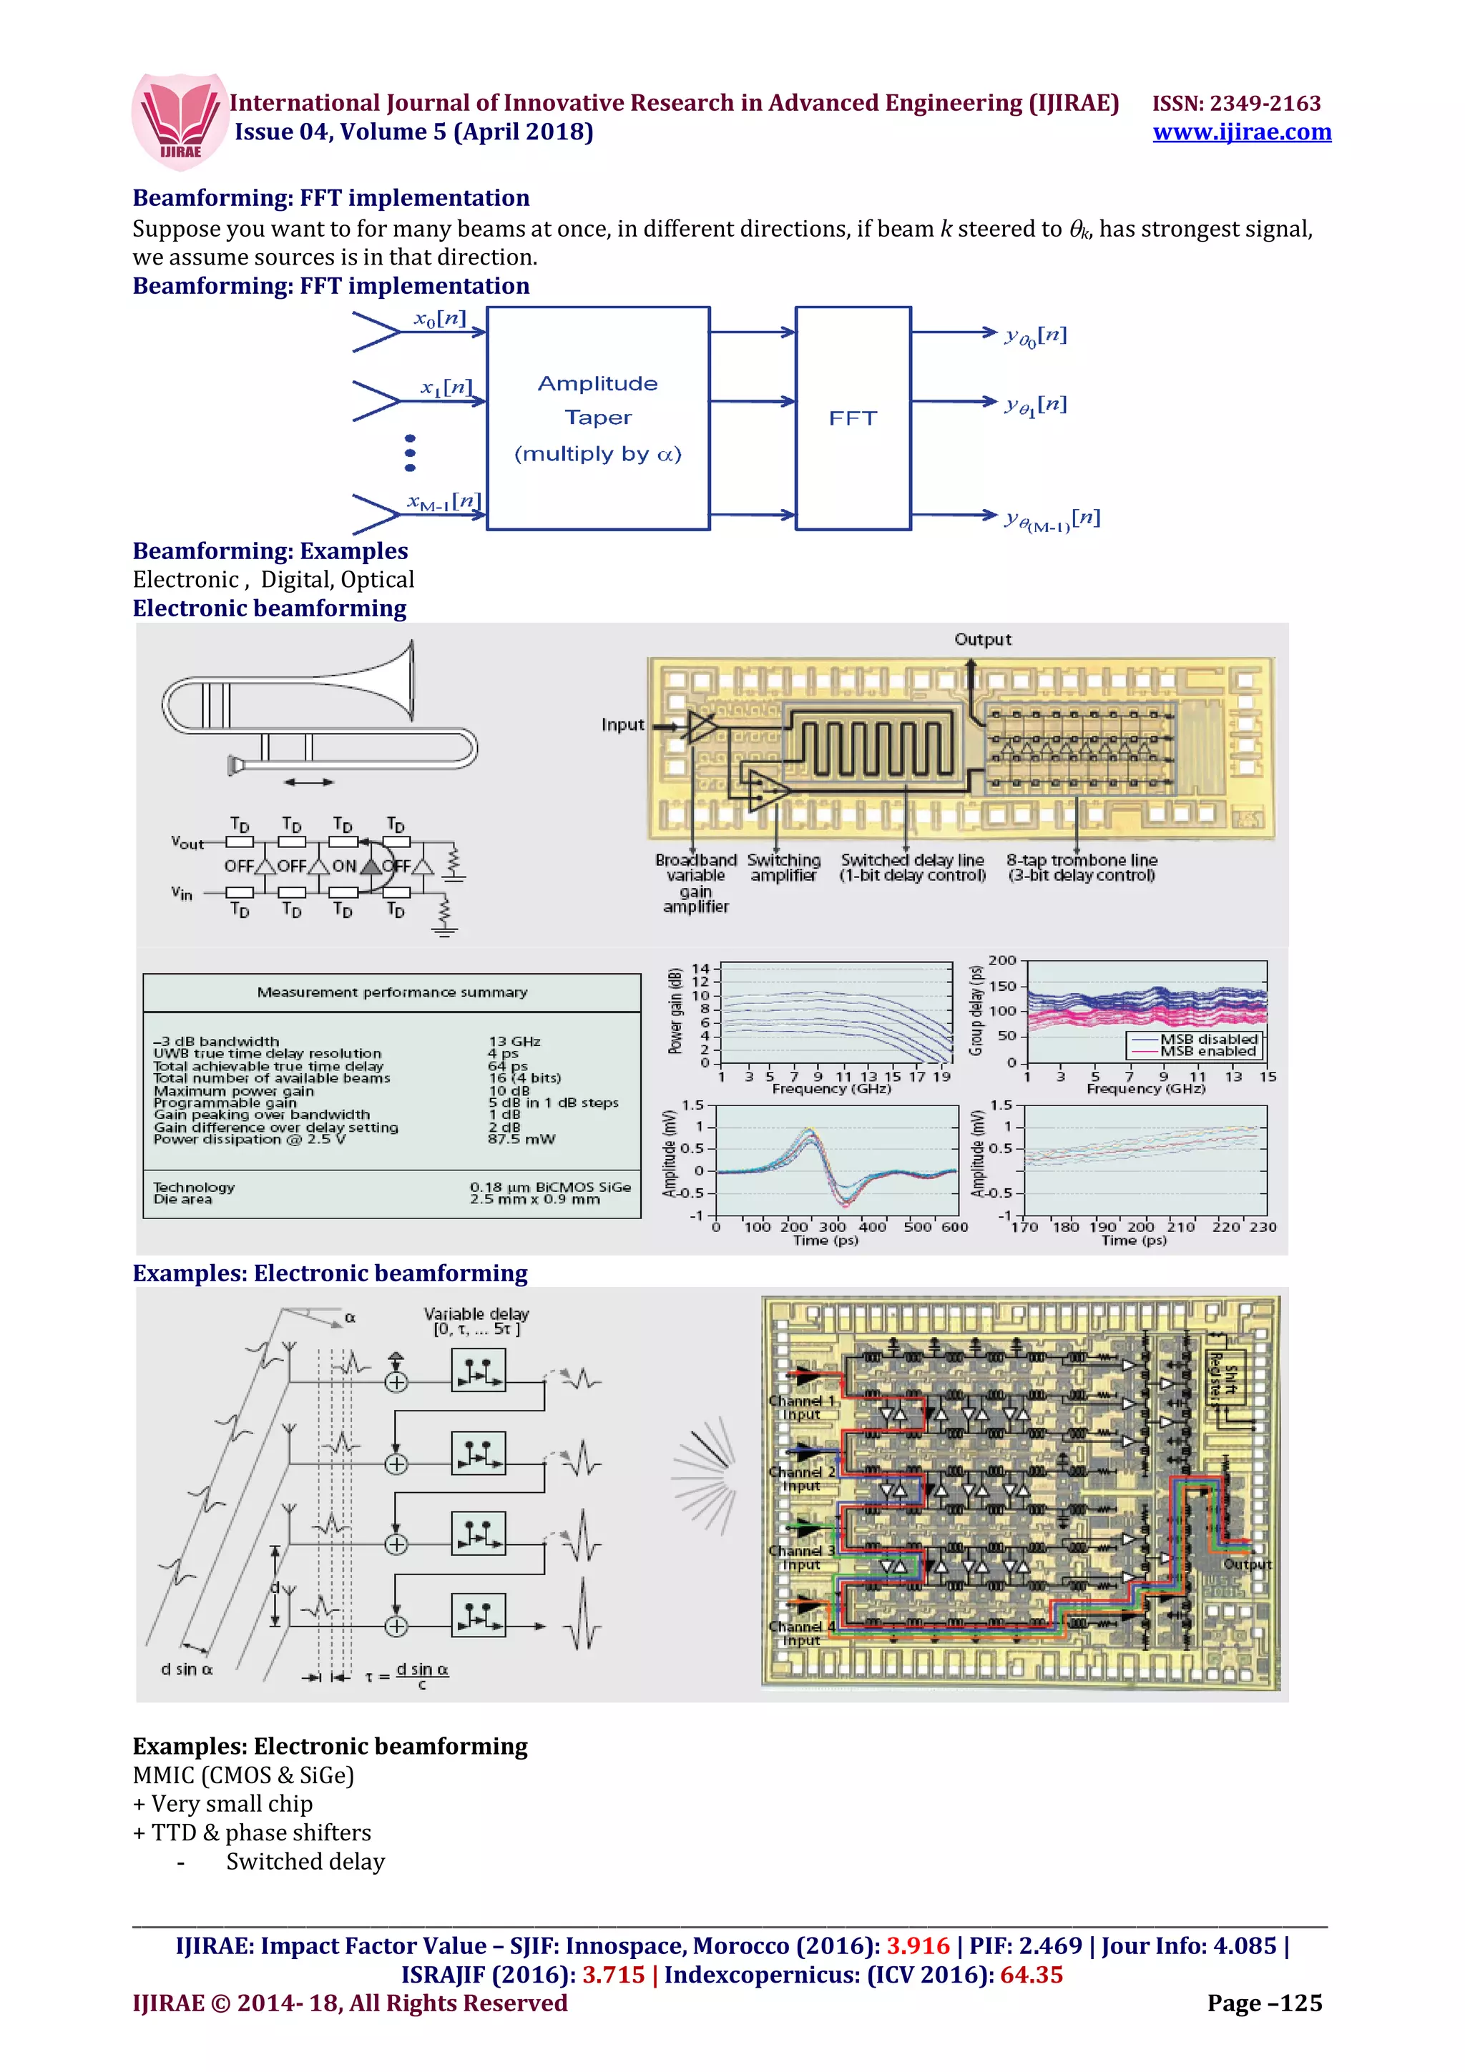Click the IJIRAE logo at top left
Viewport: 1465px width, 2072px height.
[179, 119]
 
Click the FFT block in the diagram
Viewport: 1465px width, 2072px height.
[852, 418]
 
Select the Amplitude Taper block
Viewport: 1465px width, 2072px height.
[597, 418]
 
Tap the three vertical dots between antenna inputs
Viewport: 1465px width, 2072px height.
[410, 453]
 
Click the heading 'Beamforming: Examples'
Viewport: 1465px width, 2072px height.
[270, 551]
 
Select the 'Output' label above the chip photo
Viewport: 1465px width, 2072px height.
[982, 639]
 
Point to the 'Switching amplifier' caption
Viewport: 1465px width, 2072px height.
[783, 867]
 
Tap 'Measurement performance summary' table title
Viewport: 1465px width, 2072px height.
[392, 992]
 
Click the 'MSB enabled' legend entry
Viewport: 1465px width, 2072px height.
[1207, 1051]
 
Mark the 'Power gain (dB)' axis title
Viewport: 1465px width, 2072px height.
[675, 1011]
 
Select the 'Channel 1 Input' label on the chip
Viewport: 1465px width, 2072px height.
[800, 1407]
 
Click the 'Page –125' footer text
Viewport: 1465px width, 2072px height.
[1264, 2003]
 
